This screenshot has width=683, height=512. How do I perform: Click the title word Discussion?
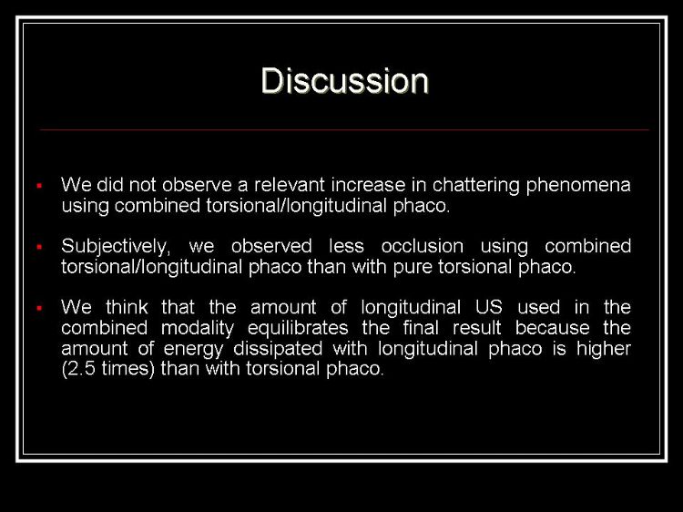pyautogui.click(x=345, y=81)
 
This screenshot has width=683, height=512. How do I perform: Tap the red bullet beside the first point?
pyautogui.click(x=39, y=186)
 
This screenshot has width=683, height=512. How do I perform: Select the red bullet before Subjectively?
pyautogui.click(x=39, y=247)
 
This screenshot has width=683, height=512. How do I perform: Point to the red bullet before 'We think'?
pyautogui.click(x=39, y=309)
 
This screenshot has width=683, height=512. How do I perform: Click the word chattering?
pyautogui.click(x=476, y=186)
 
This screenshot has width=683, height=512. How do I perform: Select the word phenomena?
pyautogui.click(x=578, y=186)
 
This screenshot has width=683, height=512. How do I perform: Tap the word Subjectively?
pyautogui.click(x=114, y=247)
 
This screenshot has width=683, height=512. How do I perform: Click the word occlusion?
pyautogui.click(x=422, y=246)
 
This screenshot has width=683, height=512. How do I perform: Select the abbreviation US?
pyautogui.click(x=489, y=307)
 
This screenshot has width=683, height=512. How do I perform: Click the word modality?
pyautogui.click(x=198, y=329)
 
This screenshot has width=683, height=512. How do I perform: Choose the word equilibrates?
pyautogui.click(x=298, y=329)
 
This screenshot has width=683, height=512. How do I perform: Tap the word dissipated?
pyautogui.click(x=278, y=349)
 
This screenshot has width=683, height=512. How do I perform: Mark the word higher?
pyautogui.click(x=604, y=349)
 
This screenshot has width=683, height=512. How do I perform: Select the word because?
pyautogui.click(x=553, y=328)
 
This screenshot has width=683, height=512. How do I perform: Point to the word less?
pyautogui.click(x=346, y=246)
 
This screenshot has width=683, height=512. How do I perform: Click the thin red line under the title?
pyautogui.click(x=344, y=130)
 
